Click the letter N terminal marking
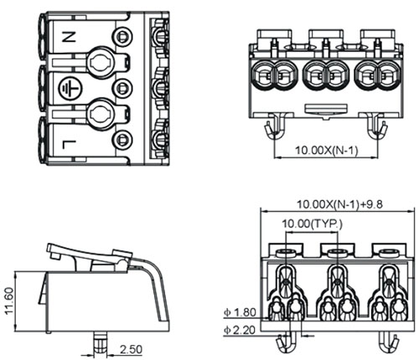point(69,37)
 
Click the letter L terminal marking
point(69,145)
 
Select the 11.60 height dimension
point(9,301)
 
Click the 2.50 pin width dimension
point(131,349)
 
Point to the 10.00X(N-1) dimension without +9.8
point(326,151)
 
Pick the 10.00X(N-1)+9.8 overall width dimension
point(339,204)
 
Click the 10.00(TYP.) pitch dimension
point(312,224)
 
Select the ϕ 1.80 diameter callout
point(240,312)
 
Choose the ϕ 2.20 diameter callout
point(240,330)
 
